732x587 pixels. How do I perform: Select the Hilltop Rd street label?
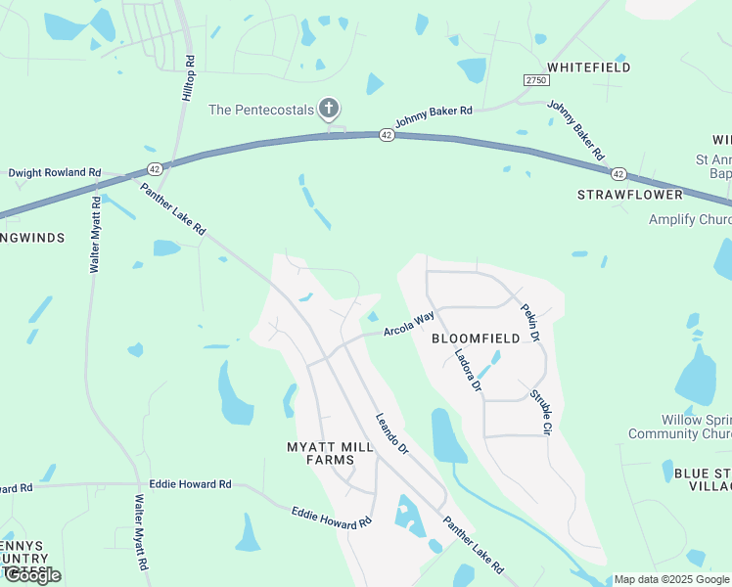click(x=190, y=73)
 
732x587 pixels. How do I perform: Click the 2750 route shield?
click(x=535, y=79)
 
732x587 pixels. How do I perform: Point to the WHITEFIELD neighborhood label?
click(x=589, y=68)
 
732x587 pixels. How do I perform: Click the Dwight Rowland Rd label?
click(x=55, y=173)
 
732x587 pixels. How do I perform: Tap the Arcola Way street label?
click(x=408, y=324)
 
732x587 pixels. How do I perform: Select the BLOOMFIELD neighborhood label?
click(x=476, y=339)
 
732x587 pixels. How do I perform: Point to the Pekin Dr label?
click(x=530, y=322)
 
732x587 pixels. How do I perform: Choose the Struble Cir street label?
click(x=541, y=413)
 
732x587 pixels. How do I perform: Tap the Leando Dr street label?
click(x=391, y=435)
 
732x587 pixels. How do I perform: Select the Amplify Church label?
click(x=690, y=219)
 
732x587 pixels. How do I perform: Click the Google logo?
click(x=32, y=575)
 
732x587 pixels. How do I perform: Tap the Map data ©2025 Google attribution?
click(x=669, y=579)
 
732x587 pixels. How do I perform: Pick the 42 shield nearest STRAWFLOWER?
click(x=618, y=173)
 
